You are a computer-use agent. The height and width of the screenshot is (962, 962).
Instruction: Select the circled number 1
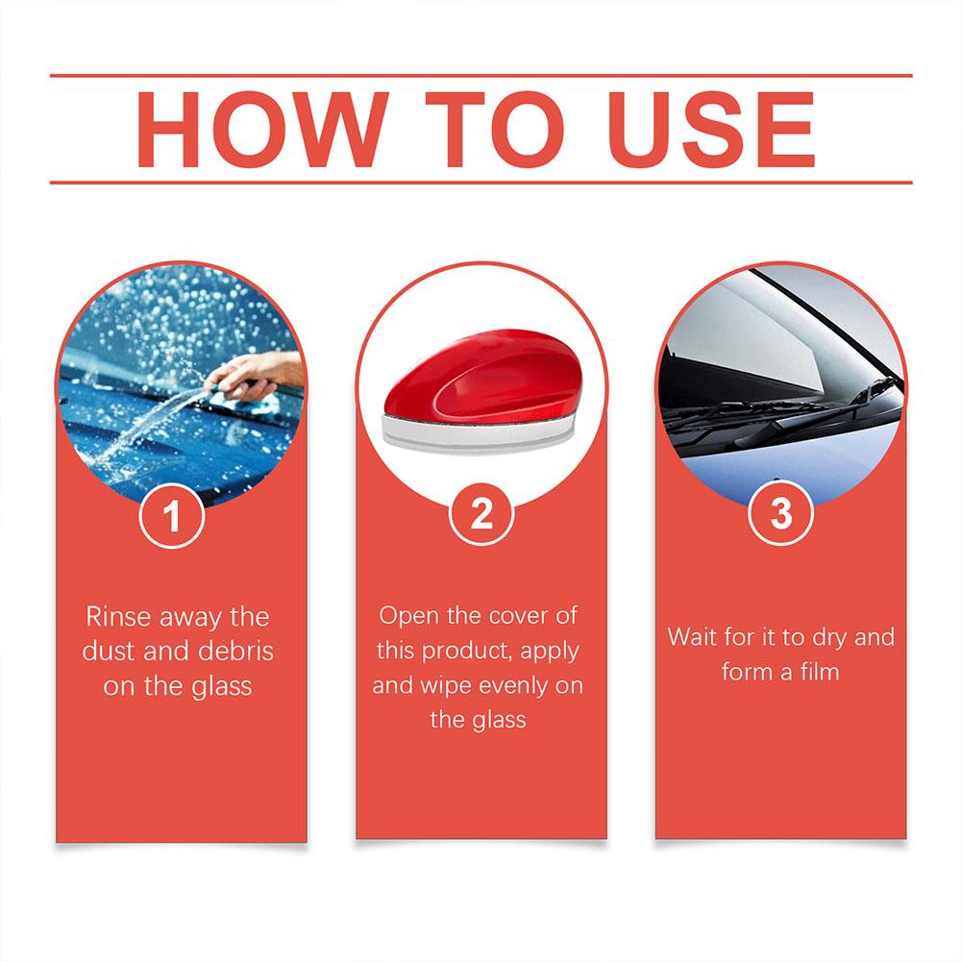point(173,517)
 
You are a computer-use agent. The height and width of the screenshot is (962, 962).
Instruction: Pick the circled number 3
point(781,514)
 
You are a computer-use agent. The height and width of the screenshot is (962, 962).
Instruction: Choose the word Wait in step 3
point(693,637)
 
